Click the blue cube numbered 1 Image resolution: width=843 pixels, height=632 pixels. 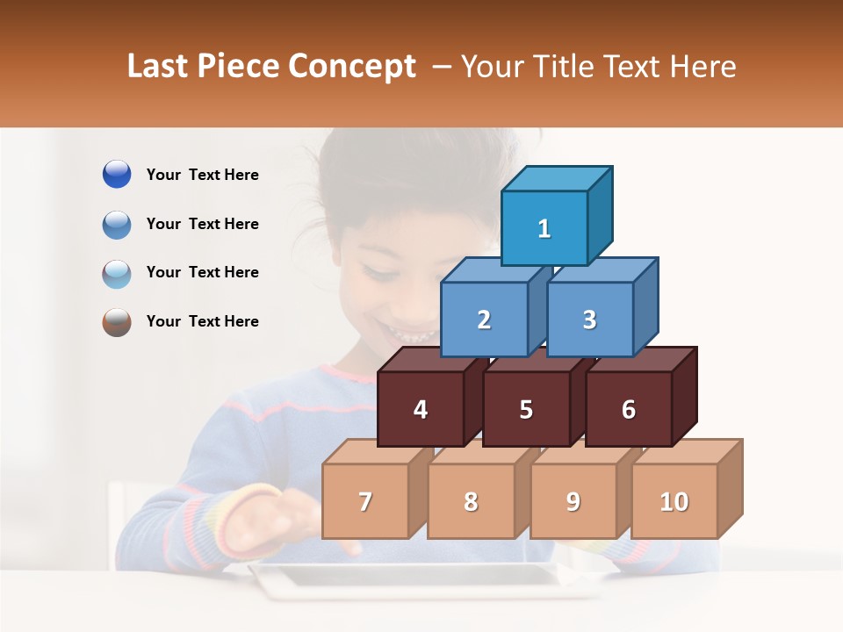point(544,228)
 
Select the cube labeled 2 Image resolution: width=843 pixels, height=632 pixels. point(484,320)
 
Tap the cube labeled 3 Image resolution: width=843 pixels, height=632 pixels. point(589,320)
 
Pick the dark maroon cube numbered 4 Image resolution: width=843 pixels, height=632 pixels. point(421,409)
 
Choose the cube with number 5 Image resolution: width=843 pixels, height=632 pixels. point(526,409)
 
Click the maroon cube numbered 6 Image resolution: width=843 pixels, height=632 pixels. point(629,409)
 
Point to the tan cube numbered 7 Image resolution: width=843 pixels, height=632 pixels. point(365,501)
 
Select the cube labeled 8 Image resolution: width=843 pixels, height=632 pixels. point(471,501)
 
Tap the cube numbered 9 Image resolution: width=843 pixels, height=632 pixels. point(573,501)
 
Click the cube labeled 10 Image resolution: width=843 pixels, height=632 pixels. point(674,501)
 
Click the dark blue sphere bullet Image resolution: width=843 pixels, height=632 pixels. point(117,175)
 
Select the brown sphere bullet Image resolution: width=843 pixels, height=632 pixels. point(117,322)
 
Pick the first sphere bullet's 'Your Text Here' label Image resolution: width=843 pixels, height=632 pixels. point(203,175)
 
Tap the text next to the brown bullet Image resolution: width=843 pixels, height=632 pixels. point(203,321)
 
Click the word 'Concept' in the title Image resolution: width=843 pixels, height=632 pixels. point(352,67)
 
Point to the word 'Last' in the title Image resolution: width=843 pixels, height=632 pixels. point(159,67)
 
